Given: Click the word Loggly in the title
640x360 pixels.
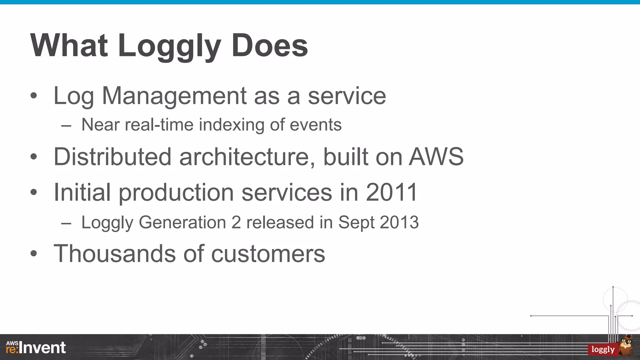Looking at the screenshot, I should [x=169, y=46].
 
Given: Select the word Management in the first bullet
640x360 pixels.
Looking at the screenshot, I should [x=174, y=96].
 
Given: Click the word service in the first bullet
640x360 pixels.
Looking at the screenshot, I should [x=347, y=96].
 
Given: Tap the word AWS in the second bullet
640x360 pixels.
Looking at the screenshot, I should [x=436, y=157].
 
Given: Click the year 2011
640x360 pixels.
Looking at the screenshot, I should [x=392, y=192].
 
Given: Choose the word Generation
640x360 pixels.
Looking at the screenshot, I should [x=182, y=222].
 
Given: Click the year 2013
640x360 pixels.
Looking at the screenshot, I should [x=399, y=222].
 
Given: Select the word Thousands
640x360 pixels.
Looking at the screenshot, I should [x=115, y=253].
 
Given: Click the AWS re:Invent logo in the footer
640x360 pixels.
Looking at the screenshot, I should [x=36, y=347].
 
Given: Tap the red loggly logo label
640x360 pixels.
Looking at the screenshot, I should [x=603, y=349].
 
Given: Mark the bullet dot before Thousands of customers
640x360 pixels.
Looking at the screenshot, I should [x=34, y=254].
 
